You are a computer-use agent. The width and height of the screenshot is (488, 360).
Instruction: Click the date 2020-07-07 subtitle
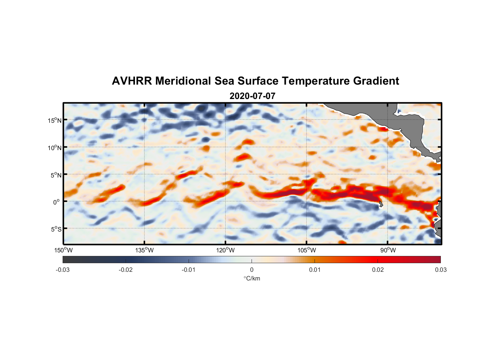tap(252, 96)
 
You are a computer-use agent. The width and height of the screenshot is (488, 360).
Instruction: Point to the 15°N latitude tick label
tap(54, 120)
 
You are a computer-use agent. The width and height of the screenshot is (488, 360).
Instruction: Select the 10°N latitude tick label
tap(54, 148)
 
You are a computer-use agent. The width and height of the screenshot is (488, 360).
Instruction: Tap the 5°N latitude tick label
tap(55, 175)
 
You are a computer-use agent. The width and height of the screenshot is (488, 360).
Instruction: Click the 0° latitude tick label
tap(57, 202)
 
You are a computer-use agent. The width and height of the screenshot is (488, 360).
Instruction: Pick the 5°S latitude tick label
tap(55, 229)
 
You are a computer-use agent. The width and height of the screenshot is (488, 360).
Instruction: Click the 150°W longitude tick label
tap(63, 250)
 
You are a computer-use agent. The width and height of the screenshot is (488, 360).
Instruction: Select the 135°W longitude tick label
tap(144, 250)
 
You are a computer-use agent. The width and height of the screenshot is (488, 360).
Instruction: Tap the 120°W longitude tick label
tap(226, 250)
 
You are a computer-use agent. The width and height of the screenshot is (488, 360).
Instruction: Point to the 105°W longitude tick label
tap(307, 250)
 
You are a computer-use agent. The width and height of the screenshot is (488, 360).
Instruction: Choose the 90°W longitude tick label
tap(388, 250)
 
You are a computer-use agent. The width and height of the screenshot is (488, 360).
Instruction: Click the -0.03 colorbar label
tap(63, 270)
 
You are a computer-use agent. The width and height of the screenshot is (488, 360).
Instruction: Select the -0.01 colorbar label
tap(189, 270)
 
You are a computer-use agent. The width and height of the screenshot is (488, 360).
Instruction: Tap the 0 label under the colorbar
tap(252, 270)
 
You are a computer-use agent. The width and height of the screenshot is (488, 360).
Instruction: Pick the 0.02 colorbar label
tap(378, 270)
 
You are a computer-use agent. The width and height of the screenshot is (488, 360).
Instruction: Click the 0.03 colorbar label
tap(440, 270)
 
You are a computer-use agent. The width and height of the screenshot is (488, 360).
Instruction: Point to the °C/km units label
tap(252, 278)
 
